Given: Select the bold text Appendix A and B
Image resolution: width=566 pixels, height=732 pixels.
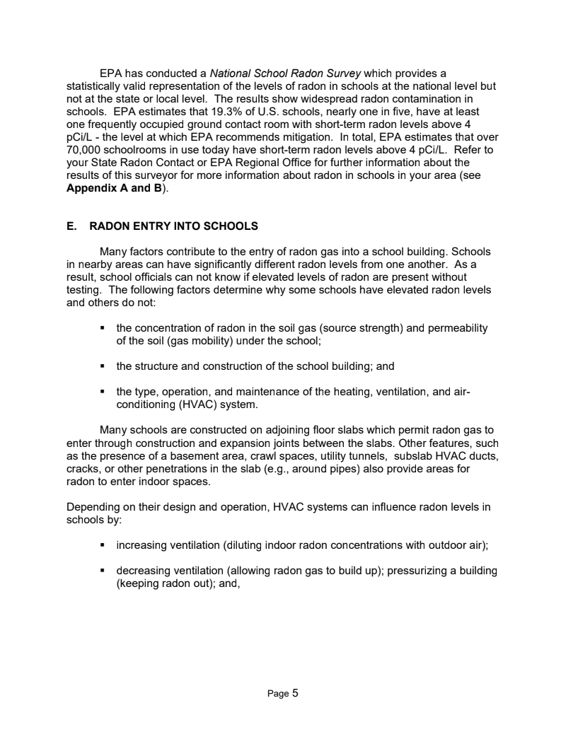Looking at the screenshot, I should pyautogui.click(x=113, y=188).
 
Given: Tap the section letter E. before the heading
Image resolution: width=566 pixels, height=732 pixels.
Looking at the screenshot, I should pyautogui.click(x=71, y=226).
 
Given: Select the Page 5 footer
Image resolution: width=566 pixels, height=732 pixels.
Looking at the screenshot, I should pyautogui.click(x=283, y=694).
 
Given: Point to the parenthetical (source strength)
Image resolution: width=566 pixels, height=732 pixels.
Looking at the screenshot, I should pyautogui.click(x=365, y=328).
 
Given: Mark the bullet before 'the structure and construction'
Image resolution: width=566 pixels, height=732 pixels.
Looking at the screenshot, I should pyautogui.click(x=103, y=366).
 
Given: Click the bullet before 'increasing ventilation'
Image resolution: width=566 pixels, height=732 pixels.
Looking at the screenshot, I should pyautogui.click(x=103, y=545).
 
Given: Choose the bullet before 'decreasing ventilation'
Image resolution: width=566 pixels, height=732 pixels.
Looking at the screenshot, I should pyautogui.click(x=103, y=570).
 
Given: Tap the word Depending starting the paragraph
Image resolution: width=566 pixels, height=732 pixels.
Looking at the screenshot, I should pyautogui.click(x=92, y=506).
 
